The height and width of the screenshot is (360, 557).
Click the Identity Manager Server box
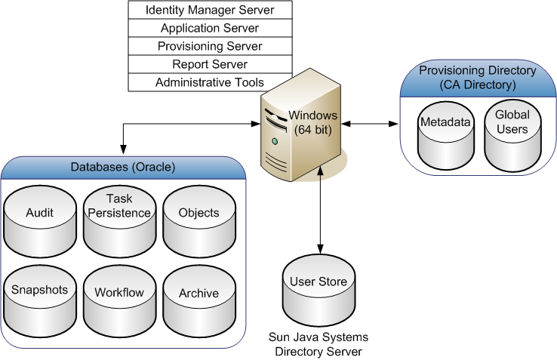point(210,10)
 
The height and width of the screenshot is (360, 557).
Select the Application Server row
point(210,28)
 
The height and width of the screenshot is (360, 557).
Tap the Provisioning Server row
point(210,46)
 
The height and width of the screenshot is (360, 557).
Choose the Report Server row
point(210,64)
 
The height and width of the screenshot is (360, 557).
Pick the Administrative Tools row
point(210,82)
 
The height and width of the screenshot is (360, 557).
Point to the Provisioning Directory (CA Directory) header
point(478,77)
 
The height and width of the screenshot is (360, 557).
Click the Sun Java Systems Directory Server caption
point(319,345)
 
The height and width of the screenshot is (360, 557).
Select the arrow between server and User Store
point(322,211)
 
